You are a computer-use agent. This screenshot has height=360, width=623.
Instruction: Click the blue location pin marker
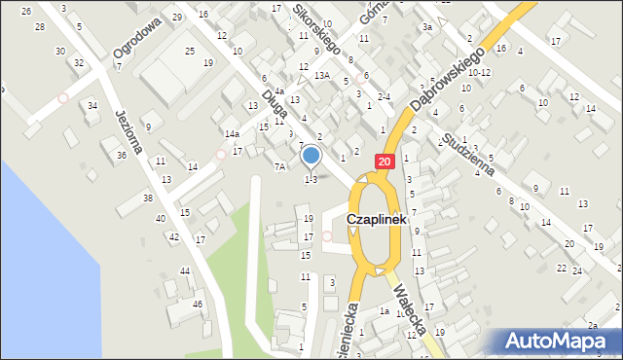tap(311, 156)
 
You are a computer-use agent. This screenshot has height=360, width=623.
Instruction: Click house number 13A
tap(322, 75)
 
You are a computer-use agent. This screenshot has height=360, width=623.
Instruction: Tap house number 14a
tap(232, 134)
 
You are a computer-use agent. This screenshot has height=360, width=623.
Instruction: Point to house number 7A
tap(279, 166)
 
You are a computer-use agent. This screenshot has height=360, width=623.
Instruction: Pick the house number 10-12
tap(479, 72)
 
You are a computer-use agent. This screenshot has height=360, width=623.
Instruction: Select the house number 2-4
tap(384, 96)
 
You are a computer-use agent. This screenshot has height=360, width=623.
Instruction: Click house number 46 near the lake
tap(198, 305)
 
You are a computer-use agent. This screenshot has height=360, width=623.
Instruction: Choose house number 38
tap(148, 198)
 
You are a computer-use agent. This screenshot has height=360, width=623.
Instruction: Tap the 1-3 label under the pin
tap(311, 179)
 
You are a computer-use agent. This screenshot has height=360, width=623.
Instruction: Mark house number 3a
tap(426, 27)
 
